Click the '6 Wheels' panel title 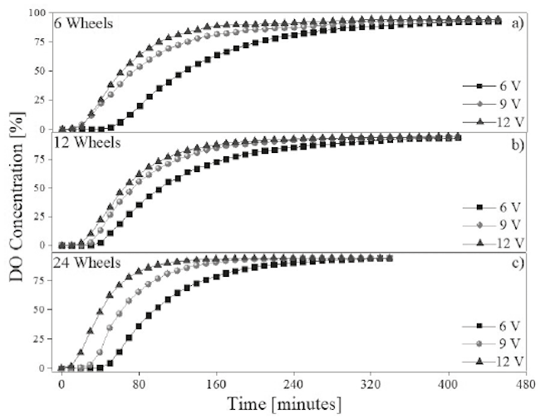[x=82, y=22]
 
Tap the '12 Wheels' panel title [x=86, y=142]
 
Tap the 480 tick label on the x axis [x=523, y=386]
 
